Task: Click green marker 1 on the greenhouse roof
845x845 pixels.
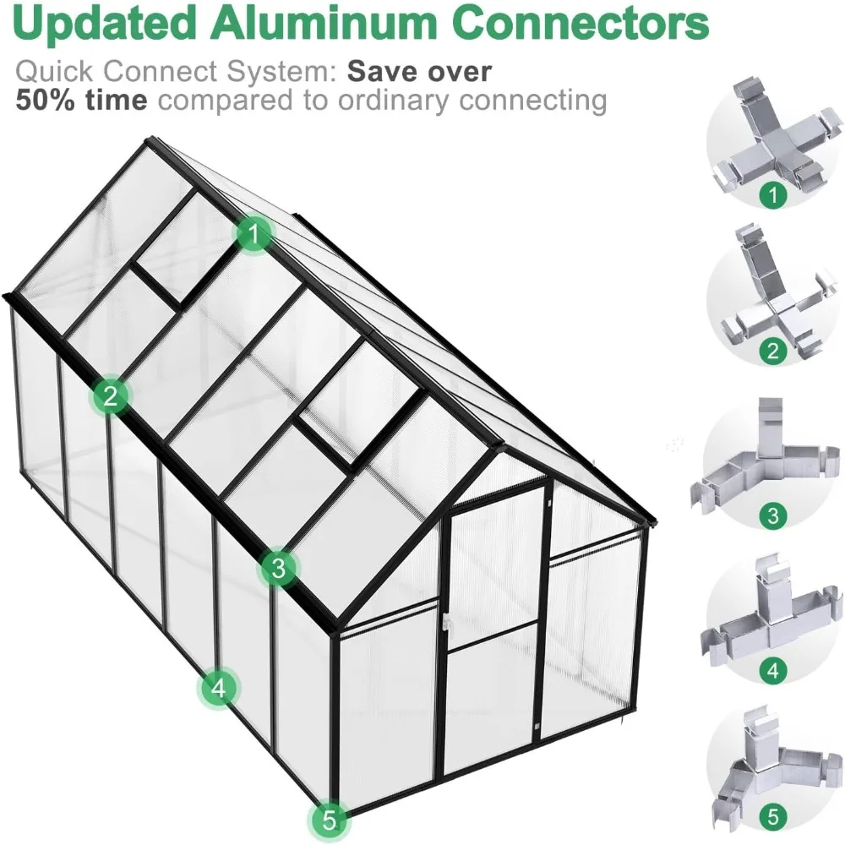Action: pyautogui.click(x=253, y=234)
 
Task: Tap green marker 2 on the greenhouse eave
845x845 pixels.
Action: pyautogui.click(x=109, y=395)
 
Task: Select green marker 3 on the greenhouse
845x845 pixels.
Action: pyautogui.click(x=279, y=568)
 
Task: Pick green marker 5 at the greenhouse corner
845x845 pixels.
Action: pyautogui.click(x=329, y=819)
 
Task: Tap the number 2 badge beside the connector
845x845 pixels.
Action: pyautogui.click(x=771, y=350)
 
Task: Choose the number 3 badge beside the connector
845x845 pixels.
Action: pyautogui.click(x=771, y=515)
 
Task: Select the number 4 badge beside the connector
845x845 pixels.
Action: pyautogui.click(x=771, y=672)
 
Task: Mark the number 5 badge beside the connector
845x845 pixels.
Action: pyautogui.click(x=771, y=817)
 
